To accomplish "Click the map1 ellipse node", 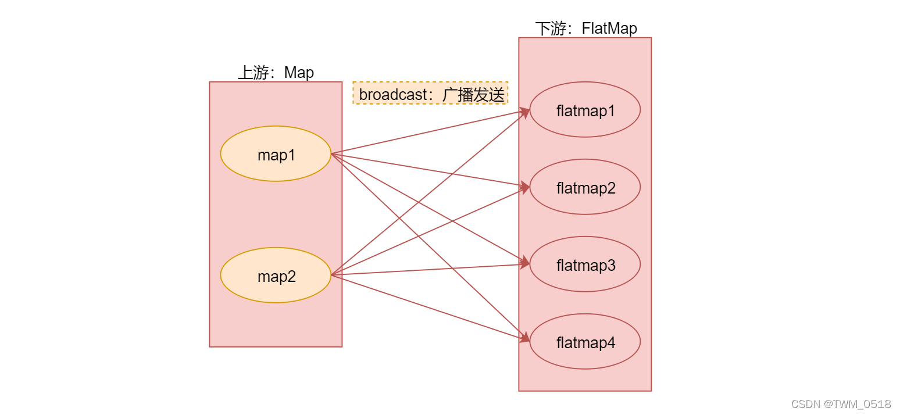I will pyautogui.click(x=276, y=154).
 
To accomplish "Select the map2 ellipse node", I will pyautogui.click(x=276, y=275).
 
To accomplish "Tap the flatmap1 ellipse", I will pyautogui.click(x=585, y=109).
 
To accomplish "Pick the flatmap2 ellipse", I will pyautogui.click(x=585, y=187).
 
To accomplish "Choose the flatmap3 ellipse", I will pyautogui.click(x=585, y=264).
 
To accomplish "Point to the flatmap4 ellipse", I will pyautogui.click(x=585, y=342).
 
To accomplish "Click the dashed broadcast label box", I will pyautogui.click(x=430, y=93).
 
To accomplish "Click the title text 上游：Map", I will pyautogui.click(x=276, y=73).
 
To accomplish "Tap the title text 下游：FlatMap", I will pyautogui.click(x=585, y=28).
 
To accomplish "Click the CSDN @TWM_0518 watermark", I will pyautogui.click(x=841, y=404).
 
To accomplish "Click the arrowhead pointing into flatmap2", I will pyautogui.click(x=525, y=187).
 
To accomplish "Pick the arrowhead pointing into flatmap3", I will pyautogui.click(x=525, y=263).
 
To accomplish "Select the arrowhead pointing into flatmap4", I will pyautogui.click(x=525, y=338).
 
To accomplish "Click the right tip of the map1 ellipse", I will pyautogui.click(x=330, y=154).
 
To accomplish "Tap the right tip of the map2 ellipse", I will pyautogui.click(x=330, y=275).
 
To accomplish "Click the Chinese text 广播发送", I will pyautogui.click(x=473, y=94).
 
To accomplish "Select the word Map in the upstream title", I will pyautogui.click(x=299, y=73).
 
